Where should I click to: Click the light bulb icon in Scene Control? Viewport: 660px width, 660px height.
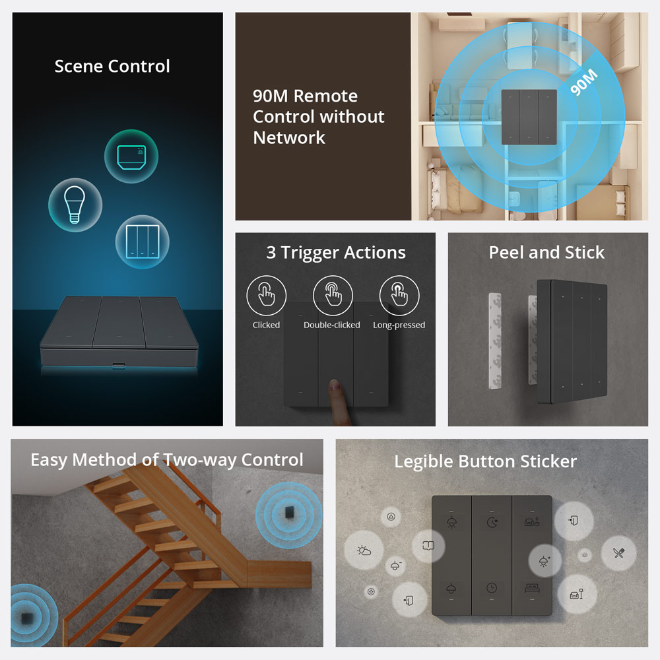click(x=75, y=205)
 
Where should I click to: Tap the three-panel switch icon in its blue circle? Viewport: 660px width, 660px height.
click(x=143, y=242)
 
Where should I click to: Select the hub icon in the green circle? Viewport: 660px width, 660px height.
click(x=131, y=157)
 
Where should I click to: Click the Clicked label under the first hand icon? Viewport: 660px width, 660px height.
click(x=266, y=325)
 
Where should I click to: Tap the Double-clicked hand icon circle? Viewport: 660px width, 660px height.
click(x=333, y=295)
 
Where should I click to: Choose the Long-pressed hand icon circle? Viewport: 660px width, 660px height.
click(x=399, y=295)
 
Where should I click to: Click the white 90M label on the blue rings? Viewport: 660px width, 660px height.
click(x=584, y=82)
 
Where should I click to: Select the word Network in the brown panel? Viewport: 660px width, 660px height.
click(x=289, y=138)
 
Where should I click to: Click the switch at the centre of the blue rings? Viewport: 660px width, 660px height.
click(x=529, y=117)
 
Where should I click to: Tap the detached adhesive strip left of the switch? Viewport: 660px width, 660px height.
click(x=495, y=341)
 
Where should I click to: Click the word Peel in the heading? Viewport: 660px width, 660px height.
click(x=506, y=253)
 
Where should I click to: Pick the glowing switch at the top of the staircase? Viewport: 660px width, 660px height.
click(x=290, y=513)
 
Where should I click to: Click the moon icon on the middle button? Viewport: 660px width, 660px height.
click(x=492, y=522)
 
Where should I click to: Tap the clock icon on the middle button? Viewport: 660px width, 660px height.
click(x=492, y=588)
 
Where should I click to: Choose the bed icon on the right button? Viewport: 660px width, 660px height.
click(x=532, y=588)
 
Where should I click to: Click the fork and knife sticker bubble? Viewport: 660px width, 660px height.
click(x=618, y=553)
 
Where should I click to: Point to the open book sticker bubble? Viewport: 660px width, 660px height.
click(x=428, y=546)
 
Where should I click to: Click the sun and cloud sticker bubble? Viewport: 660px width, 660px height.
click(x=364, y=550)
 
